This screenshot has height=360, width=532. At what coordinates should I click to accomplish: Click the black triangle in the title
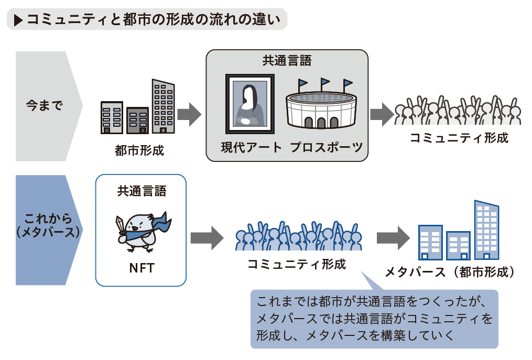[x=18, y=20]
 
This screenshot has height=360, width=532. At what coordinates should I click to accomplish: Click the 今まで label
[x=45, y=105]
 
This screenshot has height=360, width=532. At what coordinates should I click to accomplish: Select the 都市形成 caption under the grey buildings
[x=139, y=150]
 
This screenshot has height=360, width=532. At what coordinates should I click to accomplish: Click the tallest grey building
[x=163, y=106]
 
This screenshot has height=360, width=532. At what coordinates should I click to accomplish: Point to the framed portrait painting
[x=250, y=104]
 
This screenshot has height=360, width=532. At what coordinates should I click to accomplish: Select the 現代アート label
[x=252, y=147]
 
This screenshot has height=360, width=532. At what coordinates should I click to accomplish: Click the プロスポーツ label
[x=327, y=147]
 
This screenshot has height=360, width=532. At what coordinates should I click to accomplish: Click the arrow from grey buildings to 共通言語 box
[x=189, y=114]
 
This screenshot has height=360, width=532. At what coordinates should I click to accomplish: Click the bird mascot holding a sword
[x=143, y=232]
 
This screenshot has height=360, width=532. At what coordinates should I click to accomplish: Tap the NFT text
[x=142, y=268]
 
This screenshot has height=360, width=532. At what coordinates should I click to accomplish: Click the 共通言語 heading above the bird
[x=142, y=191]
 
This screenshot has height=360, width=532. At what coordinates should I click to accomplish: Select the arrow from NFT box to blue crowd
[x=207, y=238]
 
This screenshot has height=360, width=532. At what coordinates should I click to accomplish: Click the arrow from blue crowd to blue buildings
[x=393, y=238]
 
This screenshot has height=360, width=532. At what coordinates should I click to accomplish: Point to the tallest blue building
[x=486, y=230]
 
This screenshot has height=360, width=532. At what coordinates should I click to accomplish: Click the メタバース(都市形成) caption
[x=450, y=272]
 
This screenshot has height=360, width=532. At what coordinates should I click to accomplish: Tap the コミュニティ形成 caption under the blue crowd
[x=297, y=264]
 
